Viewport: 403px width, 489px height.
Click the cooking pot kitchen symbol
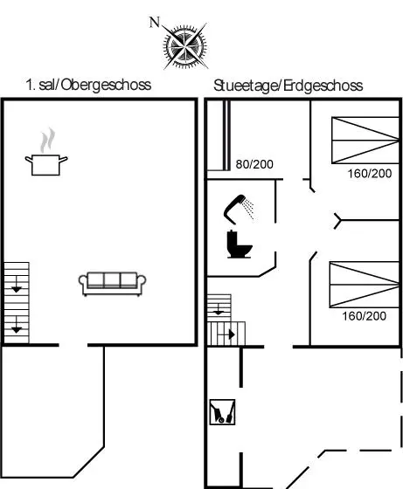(x=45, y=165)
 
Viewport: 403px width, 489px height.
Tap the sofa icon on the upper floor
(x=112, y=284)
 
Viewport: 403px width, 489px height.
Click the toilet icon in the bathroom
(x=240, y=244)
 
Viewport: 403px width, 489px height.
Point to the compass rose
(x=184, y=46)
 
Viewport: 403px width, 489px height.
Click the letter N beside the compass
(x=155, y=23)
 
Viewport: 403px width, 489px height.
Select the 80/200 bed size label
(x=254, y=164)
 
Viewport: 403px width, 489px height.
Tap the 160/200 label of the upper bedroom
(x=370, y=174)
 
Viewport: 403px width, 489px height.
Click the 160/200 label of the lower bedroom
(x=364, y=316)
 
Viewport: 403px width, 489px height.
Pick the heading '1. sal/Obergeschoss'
(x=88, y=85)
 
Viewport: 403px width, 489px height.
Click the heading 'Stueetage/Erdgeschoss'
(x=288, y=86)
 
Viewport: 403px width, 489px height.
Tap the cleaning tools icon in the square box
(x=222, y=412)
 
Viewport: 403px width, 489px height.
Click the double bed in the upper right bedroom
(x=365, y=141)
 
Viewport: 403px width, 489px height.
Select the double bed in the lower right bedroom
(x=365, y=285)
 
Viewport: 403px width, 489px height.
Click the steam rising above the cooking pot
(x=47, y=140)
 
